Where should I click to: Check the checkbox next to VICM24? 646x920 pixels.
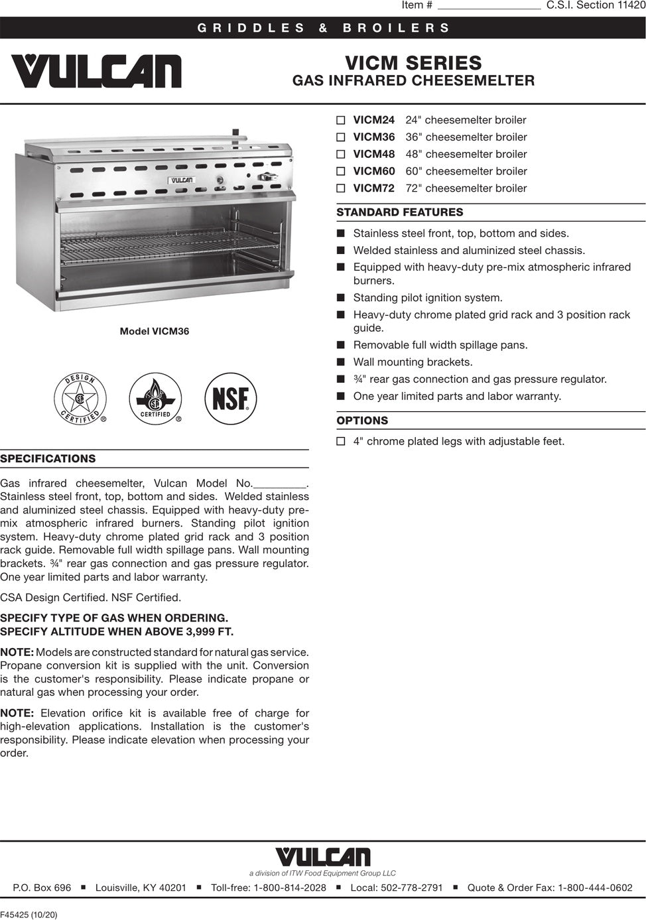point(341,121)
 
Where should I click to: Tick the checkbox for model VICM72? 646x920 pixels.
point(341,188)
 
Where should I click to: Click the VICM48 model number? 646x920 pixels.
point(373,154)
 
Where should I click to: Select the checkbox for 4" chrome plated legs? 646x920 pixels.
point(341,442)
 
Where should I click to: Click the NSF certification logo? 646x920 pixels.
point(230,398)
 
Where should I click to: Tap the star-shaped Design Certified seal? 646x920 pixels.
point(80,398)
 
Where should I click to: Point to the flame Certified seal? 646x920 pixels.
point(155,398)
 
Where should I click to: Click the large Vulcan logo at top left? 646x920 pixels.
point(96,71)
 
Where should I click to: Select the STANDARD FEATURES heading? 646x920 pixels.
point(400,212)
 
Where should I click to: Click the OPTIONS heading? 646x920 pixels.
point(362,421)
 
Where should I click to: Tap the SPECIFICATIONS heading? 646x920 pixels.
point(48,459)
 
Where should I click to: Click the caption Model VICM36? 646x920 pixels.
point(154,331)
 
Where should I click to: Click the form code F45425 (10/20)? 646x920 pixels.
point(29,915)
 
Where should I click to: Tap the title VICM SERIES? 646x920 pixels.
point(413,63)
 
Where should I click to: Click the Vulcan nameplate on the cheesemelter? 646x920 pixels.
point(181,180)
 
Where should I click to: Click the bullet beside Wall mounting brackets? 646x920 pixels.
point(341,362)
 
